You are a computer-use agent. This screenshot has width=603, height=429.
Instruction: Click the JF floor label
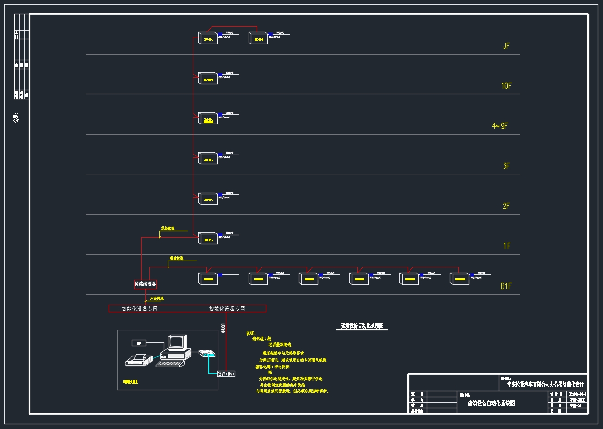click(506, 46)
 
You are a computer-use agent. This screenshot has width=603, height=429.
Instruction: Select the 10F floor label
click(506, 86)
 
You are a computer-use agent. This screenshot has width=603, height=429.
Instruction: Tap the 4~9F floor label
click(500, 126)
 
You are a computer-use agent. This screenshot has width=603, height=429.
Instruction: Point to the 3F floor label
click(506, 166)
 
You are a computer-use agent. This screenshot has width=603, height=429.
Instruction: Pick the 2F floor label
click(506, 206)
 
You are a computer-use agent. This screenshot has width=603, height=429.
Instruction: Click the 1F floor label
click(507, 246)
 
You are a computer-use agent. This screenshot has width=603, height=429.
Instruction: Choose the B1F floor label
click(506, 286)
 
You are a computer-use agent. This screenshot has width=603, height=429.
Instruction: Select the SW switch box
click(226, 373)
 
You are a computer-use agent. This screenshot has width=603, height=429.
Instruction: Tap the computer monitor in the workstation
click(177, 342)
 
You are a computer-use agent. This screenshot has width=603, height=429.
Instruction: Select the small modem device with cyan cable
click(207, 354)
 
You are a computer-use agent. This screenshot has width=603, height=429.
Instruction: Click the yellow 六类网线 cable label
click(156, 299)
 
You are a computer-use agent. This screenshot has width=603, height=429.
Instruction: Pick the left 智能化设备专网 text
click(139, 309)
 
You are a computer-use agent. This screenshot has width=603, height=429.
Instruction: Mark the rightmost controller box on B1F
click(460, 279)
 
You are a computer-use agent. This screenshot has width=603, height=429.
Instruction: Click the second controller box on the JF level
click(258, 38)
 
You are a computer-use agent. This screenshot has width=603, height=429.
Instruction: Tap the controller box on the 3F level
click(208, 158)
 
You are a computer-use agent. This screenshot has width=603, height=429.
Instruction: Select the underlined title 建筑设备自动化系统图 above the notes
click(362, 326)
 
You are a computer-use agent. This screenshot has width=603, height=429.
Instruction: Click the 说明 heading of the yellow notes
click(250, 333)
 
